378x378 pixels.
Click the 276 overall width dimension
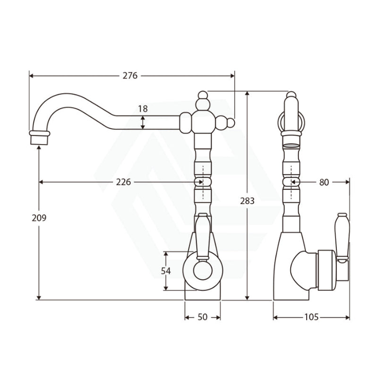(x=130, y=76)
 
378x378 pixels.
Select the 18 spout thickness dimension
(x=143, y=109)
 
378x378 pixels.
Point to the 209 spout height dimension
(x=39, y=218)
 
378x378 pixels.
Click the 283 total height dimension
(x=247, y=200)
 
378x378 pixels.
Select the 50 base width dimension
(x=202, y=318)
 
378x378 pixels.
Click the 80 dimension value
(x=324, y=182)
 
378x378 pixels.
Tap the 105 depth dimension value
(x=311, y=318)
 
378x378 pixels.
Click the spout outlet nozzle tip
(x=40, y=137)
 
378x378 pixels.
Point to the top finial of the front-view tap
(x=203, y=96)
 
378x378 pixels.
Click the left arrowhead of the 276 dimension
(x=31, y=76)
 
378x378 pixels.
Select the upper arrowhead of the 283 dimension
(x=247, y=94)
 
